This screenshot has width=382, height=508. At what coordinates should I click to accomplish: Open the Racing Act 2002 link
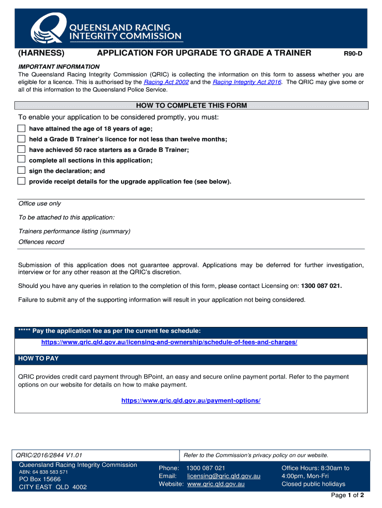point(166,82)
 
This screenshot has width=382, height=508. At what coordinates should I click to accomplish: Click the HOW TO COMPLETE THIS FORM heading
point(191,106)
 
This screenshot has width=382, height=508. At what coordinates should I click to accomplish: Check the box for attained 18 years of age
point(21,128)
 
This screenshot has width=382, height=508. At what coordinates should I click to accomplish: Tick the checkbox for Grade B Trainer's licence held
point(21,139)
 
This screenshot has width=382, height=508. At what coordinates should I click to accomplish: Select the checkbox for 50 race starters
point(21,149)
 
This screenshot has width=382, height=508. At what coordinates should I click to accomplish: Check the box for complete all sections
point(21,160)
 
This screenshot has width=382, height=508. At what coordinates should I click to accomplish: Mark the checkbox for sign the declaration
point(21,171)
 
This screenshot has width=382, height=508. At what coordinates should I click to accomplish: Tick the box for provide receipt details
point(21,181)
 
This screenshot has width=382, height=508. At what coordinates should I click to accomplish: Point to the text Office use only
point(40,204)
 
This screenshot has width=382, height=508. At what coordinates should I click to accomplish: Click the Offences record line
point(41,242)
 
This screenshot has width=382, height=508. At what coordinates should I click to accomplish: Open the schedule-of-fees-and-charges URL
point(169,343)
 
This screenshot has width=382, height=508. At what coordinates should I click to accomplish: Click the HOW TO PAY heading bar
point(191,359)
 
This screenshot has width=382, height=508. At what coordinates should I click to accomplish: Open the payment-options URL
point(191,400)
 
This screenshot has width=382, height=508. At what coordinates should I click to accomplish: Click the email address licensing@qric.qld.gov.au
point(224,476)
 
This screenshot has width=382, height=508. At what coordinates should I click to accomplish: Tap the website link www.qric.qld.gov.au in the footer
point(216,484)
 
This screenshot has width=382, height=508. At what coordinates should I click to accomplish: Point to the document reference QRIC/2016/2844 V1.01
point(49,455)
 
